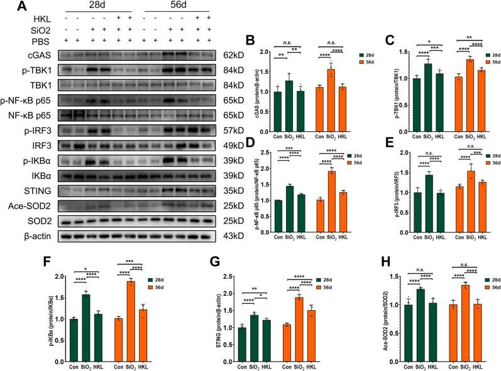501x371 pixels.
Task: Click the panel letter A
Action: (x=9, y=8)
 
